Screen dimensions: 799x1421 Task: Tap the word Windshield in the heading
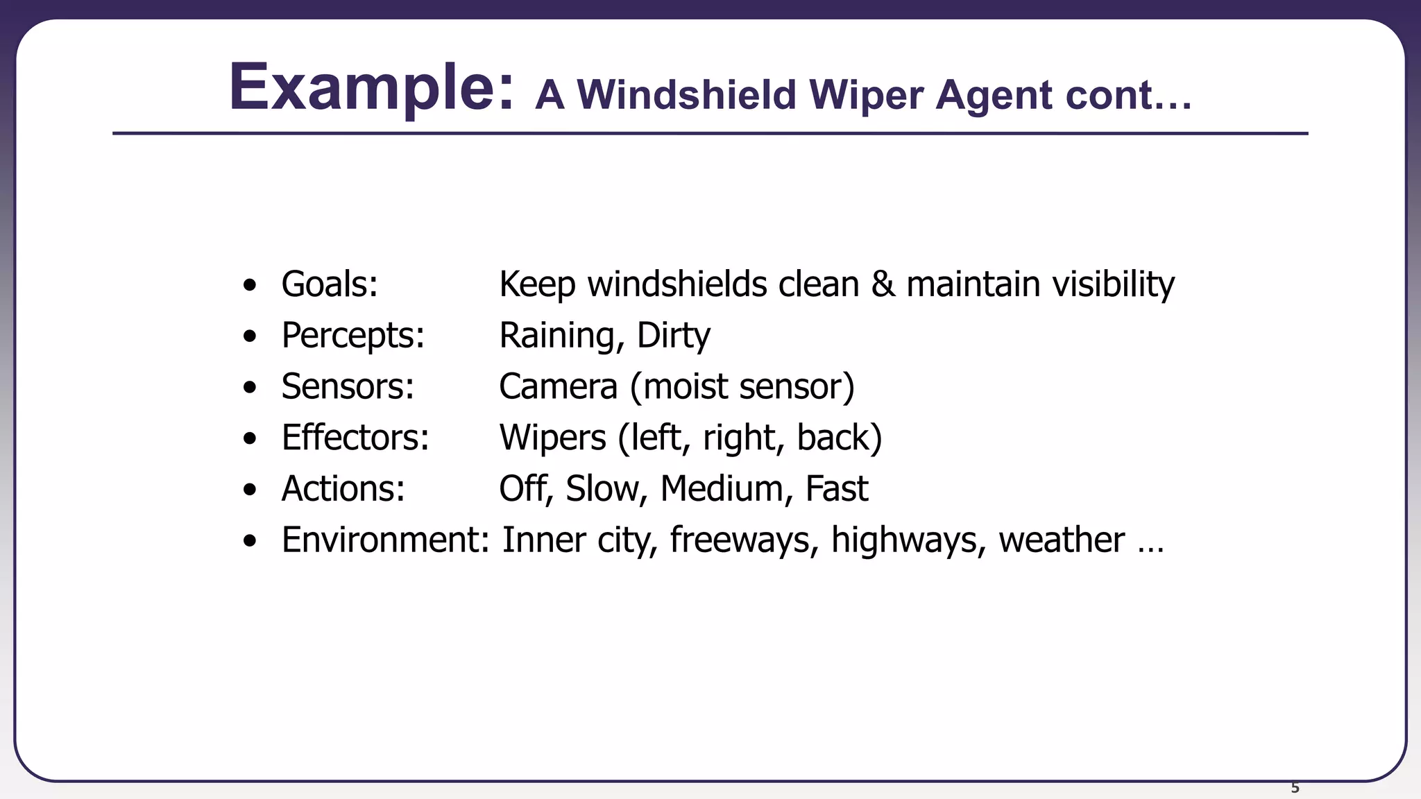[686, 94]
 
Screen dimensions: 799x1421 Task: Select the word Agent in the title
[993, 95]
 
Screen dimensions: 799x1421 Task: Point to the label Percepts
[352, 336]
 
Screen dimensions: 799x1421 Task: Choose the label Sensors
[348, 386]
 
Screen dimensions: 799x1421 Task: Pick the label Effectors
[355, 438]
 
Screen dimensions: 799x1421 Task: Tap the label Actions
[343, 488]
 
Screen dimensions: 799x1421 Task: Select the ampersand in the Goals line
[883, 284]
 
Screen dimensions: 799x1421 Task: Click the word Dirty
[673, 336]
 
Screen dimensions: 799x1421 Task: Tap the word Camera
[558, 386]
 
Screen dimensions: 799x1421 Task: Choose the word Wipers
[552, 438]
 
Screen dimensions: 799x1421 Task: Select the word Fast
[836, 488]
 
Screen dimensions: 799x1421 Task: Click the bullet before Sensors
[250, 387]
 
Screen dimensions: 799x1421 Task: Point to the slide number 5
[1295, 788]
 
